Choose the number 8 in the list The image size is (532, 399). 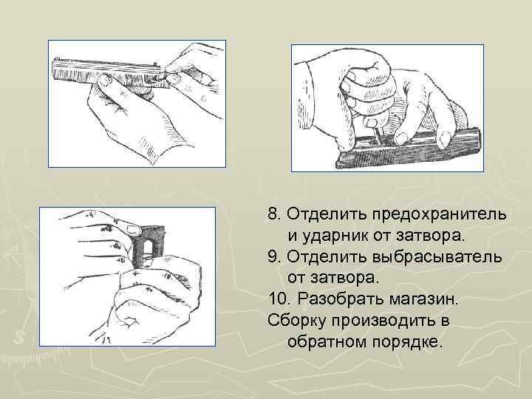273,215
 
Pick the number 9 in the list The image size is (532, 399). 273,258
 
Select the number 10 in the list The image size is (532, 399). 278,301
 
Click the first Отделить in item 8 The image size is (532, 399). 320,215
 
